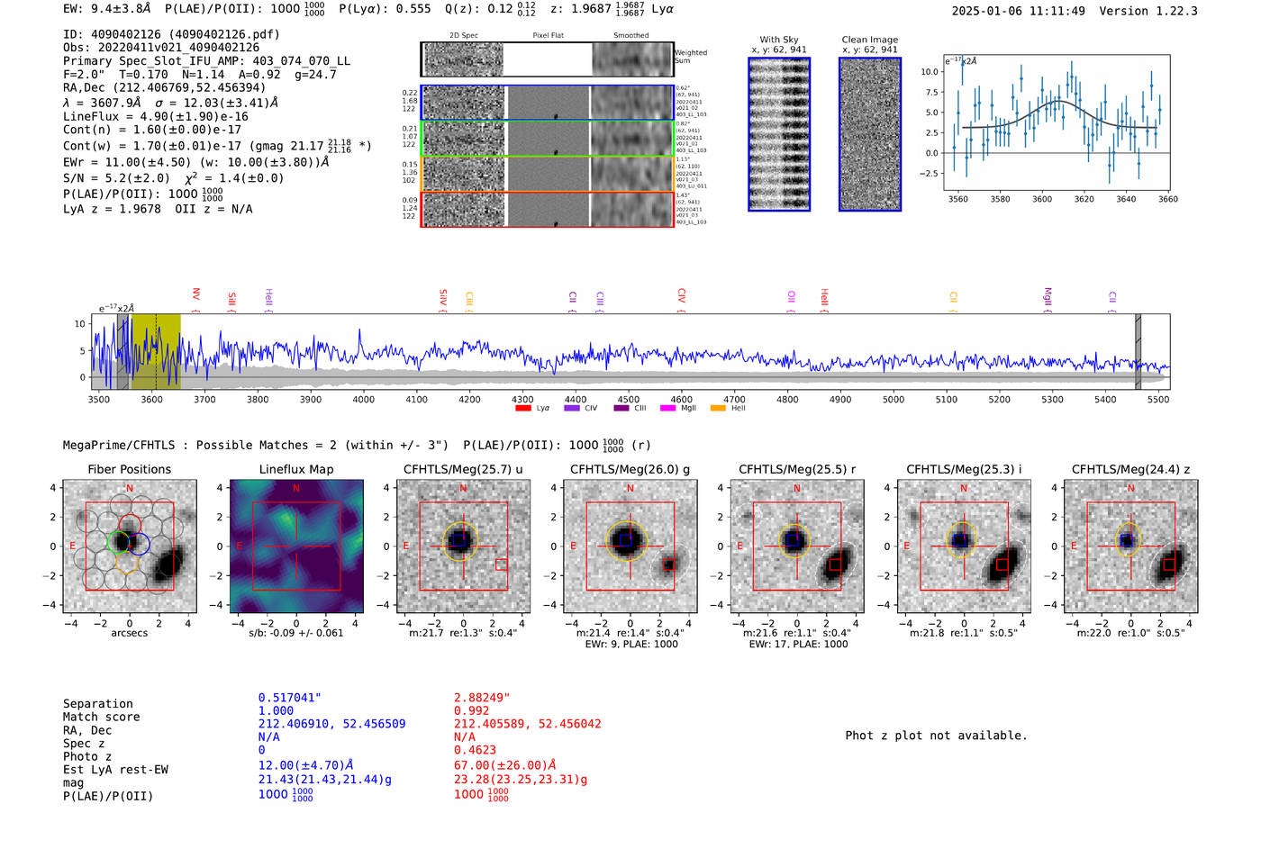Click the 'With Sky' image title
778,40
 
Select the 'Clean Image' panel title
869,40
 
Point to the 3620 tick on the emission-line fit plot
1084,199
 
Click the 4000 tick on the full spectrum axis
363,399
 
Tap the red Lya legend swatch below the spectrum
523,408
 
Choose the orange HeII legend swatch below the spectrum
718,408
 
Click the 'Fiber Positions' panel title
129,469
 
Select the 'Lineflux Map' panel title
295,469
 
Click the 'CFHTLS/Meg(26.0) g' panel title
630,469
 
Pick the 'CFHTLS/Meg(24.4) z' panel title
1130,469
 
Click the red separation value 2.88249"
482,698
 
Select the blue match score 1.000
276,710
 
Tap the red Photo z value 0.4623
476,750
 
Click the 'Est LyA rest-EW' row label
115,770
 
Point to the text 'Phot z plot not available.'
936,736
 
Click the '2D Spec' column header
463,36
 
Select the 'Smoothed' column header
630,36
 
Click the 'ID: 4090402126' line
171,34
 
